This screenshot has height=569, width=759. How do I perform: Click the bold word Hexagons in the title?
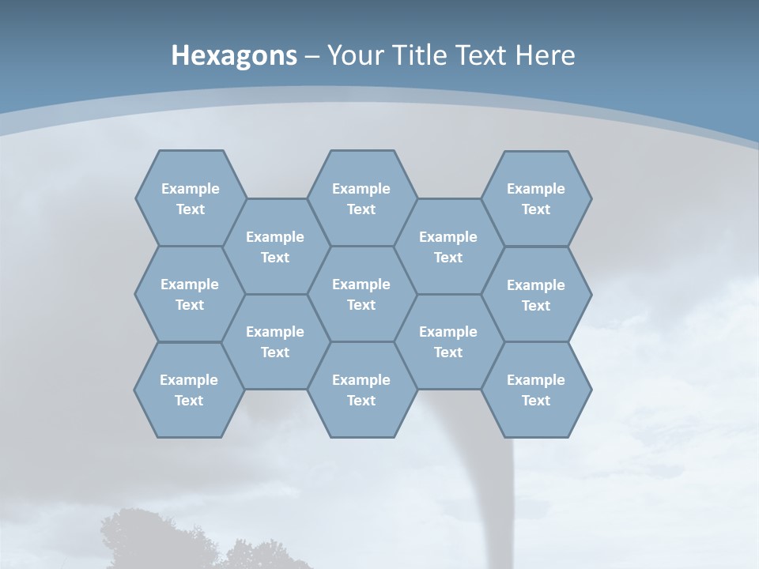pyautogui.click(x=234, y=55)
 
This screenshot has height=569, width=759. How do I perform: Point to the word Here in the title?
pyautogui.click(x=546, y=55)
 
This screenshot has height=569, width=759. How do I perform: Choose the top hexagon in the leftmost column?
pyautogui.click(x=190, y=198)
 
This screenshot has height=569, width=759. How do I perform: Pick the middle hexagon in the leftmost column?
pyautogui.click(x=190, y=294)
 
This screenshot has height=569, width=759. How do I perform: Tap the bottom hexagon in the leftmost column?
pyautogui.click(x=189, y=390)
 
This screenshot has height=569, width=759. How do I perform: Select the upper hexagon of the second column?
pyautogui.click(x=275, y=247)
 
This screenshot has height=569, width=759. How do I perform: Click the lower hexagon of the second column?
pyautogui.click(x=275, y=341)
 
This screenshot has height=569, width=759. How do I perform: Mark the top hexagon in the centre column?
pyautogui.click(x=361, y=198)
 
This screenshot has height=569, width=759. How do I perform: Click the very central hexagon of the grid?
pyautogui.click(x=361, y=294)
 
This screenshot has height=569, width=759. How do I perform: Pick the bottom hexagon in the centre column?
pyautogui.click(x=361, y=390)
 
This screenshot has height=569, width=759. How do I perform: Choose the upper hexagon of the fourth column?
pyautogui.click(x=448, y=247)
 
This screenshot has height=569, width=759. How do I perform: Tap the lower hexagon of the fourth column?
pyautogui.click(x=448, y=341)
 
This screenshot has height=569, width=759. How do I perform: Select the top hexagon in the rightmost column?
pyautogui.click(x=536, y=198)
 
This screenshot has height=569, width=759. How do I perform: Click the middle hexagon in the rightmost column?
pyautogui.click(x=536, y=295)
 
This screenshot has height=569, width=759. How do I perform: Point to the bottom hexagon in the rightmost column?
pyautogui.click(x=536, y=390)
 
